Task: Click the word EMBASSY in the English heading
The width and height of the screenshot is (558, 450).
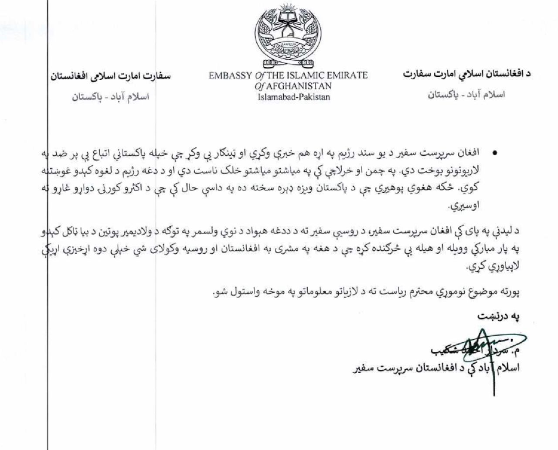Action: [230, 75]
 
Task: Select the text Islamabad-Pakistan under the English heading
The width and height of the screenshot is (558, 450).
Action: [294, 97]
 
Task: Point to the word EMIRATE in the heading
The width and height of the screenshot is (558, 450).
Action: [348, 75]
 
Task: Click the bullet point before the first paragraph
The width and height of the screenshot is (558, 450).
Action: [494, 153]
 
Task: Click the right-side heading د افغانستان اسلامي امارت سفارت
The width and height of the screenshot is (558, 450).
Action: [466, 74]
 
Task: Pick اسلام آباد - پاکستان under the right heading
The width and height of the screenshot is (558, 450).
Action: [466, 94]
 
